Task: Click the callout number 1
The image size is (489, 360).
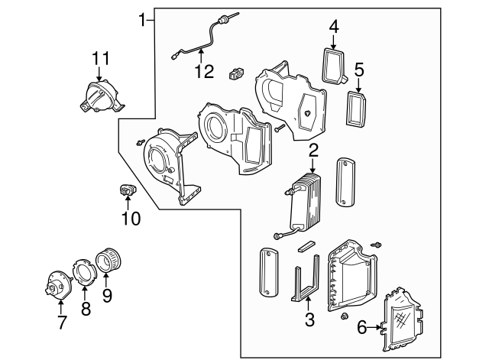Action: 142,18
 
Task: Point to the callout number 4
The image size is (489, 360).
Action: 334,28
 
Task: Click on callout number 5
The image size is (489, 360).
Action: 358,71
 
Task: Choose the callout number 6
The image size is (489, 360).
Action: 362,328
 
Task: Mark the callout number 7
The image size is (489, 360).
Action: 61,323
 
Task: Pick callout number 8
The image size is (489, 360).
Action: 86,308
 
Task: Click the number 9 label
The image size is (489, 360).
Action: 106,294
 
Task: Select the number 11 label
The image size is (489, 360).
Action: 101,58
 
